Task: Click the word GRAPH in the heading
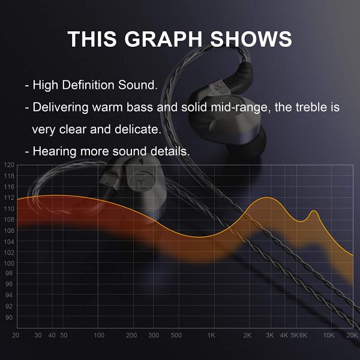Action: [163, 39]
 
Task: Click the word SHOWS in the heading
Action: [251, 39]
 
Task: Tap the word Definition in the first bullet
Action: [88, 85]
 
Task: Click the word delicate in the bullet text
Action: [138, 129]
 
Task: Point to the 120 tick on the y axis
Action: [9, 165]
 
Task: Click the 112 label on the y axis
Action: [9, 197]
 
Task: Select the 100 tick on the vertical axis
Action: [9, 263]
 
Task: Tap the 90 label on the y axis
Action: [9, 317]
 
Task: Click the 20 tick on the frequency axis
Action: [16, 335]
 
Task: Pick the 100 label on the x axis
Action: [99, 335]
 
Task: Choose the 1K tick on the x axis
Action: [211, 335]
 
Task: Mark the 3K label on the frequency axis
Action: [270, 335]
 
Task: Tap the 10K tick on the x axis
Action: [329, 335]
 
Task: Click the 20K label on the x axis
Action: [352, 335]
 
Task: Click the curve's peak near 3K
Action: [268, 197]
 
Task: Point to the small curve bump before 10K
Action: [314, 211]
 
